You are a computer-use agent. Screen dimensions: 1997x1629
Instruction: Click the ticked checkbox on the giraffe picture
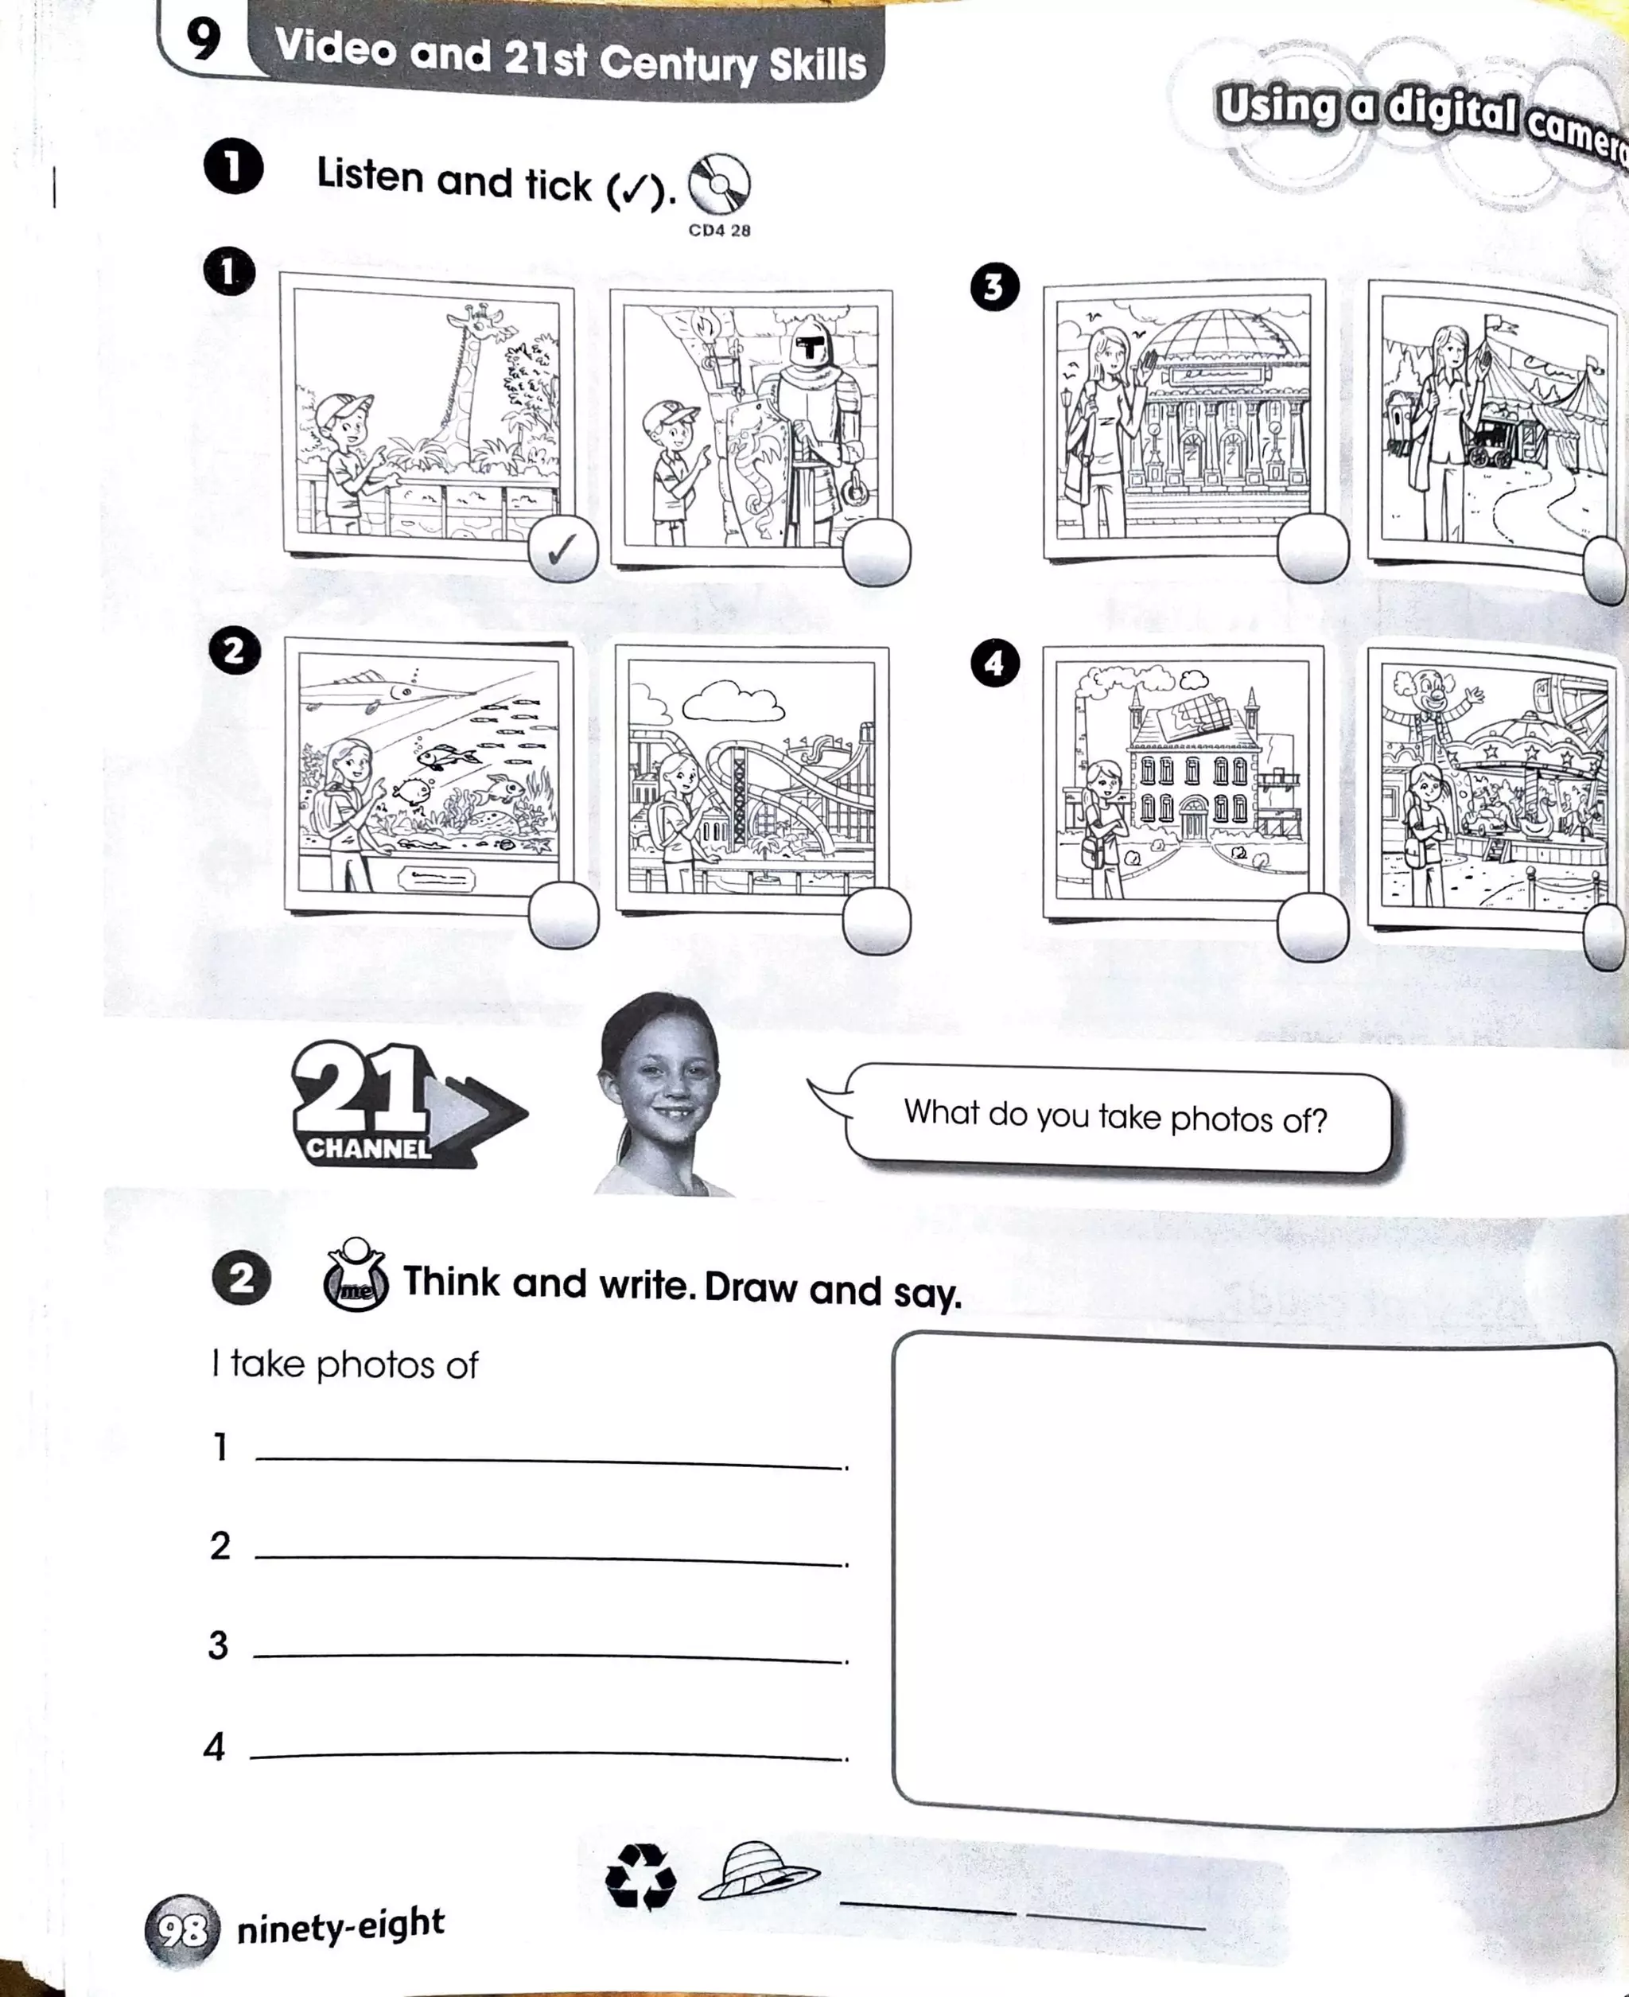click(x=563, y=549)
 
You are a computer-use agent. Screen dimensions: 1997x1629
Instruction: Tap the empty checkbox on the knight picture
click(x=876, y=552)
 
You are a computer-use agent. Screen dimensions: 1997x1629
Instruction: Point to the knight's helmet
click(x=809, y=349)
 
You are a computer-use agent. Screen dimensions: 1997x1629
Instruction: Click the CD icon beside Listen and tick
click(x=720, y=184)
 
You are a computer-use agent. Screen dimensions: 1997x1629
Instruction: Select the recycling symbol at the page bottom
click(x=641, y=1876)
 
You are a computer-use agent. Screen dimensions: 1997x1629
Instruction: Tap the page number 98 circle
click(x=182, y=1930)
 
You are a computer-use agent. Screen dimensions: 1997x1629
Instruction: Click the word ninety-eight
click(x=340, y=1925)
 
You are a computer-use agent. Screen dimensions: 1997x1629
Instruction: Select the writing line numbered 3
click(x=549, y=1656)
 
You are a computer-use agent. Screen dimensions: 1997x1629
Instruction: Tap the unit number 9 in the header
click(x=204, y=40)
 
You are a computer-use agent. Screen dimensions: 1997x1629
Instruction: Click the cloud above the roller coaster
click(x=732, y=700)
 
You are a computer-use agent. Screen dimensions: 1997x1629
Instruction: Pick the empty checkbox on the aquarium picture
click(x=563, y=915)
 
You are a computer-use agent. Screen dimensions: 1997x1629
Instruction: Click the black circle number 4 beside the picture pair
click(x=993, y=664)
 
